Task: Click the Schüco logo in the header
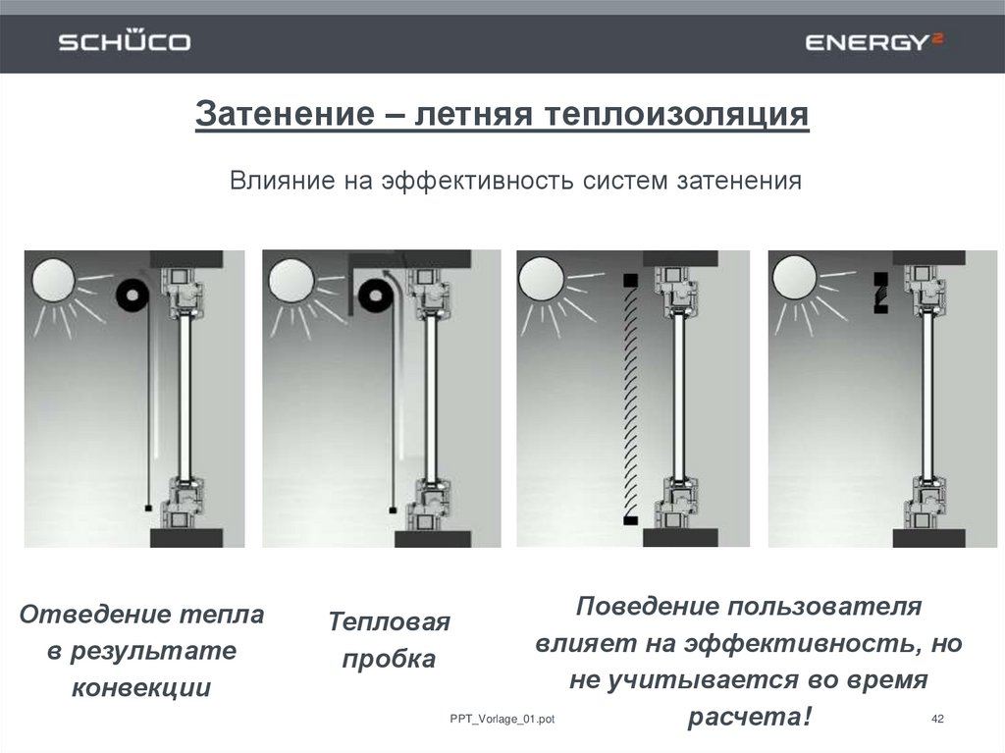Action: click(x=125, y=41)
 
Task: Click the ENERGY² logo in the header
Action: click(x=874, y=41)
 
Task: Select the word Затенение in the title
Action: click(x=286, y=114)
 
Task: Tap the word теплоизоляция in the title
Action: click(x=676, y=114)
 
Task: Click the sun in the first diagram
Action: click(x=54, y=280)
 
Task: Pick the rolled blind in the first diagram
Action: click(x=132, y=296)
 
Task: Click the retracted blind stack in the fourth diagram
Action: click(x=881, y=294)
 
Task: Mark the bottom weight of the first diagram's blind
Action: click(x=149, y=508)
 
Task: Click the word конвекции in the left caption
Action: click(x=141, y=687)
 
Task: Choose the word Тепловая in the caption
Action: click(x=389, y=621)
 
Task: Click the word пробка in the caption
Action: click(x=389, y=660)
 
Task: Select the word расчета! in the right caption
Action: click(x=750, y=717)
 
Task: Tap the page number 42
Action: click(x=937, y=719)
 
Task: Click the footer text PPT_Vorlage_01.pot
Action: click(x=502, y=719)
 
